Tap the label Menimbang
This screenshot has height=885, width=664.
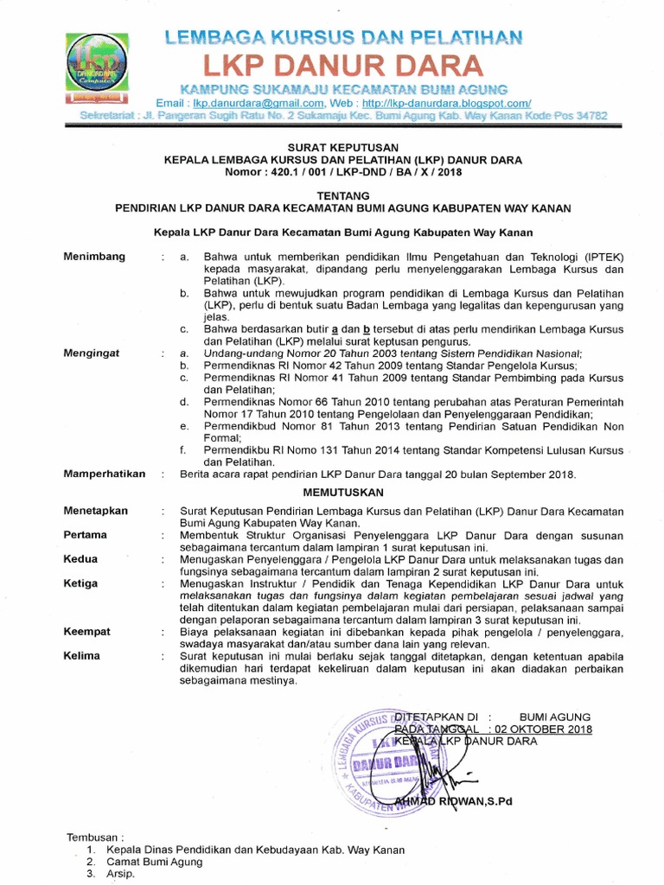click(x=94, y=256)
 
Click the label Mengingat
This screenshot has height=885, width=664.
click(x=93, y=353)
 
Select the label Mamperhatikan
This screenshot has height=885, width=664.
click(x=105, y=474)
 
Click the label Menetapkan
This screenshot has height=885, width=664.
click(x=96, y=511)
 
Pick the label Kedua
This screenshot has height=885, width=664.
click(x=80, y=559)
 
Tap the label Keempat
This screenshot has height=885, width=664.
click(x=87, y=632)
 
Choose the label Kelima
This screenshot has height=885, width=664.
click(x=82, y=656)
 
